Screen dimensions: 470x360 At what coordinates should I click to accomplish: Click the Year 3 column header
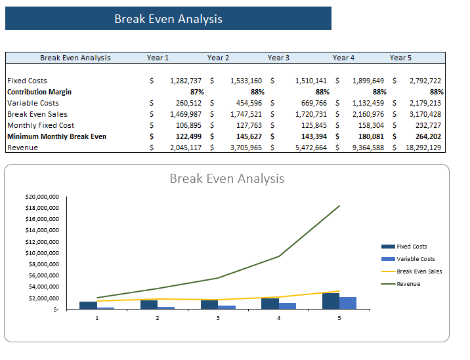click(x=278, y=58)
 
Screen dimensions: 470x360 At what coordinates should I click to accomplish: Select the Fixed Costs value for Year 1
click(x=186, y=81)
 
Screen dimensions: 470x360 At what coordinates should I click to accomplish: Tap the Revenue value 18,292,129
click(x=423, y=148)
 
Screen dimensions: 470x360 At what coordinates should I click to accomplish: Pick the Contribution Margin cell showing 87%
click(x=197, y=92)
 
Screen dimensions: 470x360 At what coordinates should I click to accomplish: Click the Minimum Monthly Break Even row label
click(x=56, y=136)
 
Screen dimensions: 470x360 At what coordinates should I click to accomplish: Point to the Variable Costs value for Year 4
click(x=368, y=103)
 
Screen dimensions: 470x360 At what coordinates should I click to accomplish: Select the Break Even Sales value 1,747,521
click(x=246, y=114)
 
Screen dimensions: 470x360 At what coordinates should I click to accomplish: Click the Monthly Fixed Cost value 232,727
click(x=428, y=125)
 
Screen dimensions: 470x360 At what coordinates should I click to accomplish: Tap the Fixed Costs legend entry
click(x=404, y=247)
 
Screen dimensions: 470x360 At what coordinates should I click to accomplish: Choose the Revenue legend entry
click(x=401, y=284)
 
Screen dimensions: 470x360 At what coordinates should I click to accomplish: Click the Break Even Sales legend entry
click(x=412, y=271)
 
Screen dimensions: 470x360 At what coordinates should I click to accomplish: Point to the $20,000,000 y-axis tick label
click(x=42, y=197)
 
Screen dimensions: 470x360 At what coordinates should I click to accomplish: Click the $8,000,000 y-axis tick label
click(x=44, y=264)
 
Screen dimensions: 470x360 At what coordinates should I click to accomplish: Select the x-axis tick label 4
click(x=279, y=318)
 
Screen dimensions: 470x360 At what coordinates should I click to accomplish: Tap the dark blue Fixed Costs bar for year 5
click(x=331, y=301)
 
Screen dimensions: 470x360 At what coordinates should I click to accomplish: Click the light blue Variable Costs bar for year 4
click(x=287, y=306)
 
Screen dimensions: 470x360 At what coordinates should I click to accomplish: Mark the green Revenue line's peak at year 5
click(x=339, y=206)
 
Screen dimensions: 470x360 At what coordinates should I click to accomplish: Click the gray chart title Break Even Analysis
click(x=227, y=178)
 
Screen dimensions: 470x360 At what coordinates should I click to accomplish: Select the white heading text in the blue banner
click(x=169, y=19)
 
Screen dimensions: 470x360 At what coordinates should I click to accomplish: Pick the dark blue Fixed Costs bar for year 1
click(x=88, y=306)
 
